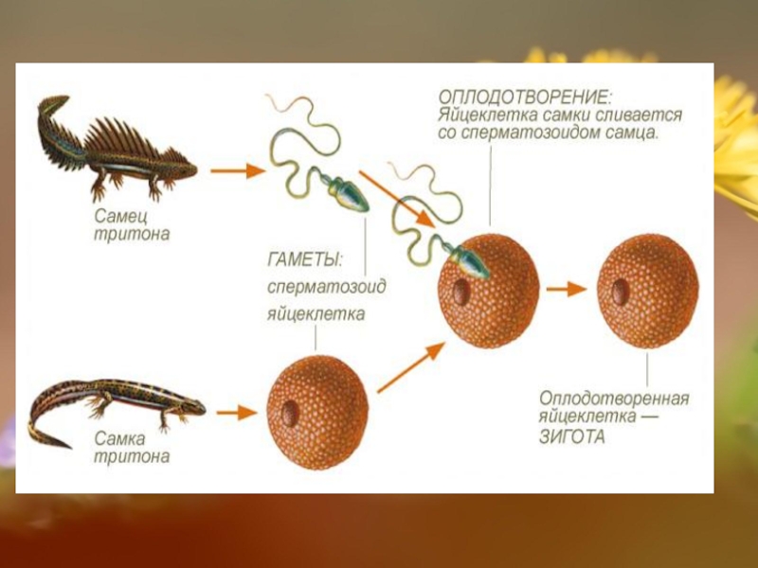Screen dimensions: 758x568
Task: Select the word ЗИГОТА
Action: pos(572,437)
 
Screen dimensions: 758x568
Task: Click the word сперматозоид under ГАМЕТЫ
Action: pos(326,286)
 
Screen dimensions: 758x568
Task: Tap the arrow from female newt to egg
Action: pos(236,413)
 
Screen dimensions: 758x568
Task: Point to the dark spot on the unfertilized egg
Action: pos(290,413)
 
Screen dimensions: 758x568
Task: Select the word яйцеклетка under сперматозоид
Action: pos(316,313)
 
